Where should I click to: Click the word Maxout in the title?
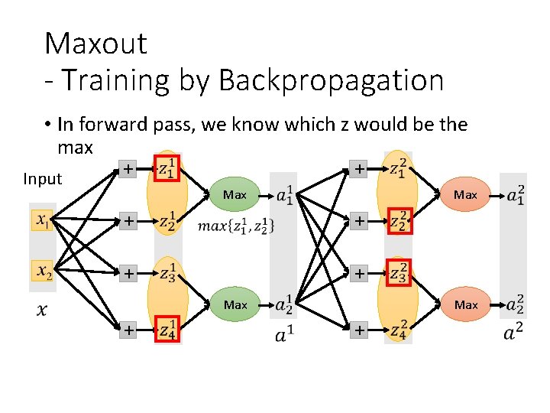click(95, 44)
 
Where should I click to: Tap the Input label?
click(42, 179)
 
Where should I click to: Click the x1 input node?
click(43, 221)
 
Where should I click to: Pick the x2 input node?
click(43, 271)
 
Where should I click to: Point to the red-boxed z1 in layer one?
click(167, 170)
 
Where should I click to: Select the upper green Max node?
click(235, 195)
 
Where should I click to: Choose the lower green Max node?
click(235, 304)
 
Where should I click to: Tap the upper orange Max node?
click(465, 195)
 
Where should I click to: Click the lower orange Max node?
click(465, 304)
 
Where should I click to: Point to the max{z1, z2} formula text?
click(236, 226)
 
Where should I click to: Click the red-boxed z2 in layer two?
click(399, 220)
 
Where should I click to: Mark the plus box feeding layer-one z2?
click(128, 221)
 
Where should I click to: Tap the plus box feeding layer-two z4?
click(357, 330)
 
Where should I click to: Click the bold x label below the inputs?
click(43, 310)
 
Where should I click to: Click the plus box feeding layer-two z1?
click(357, 168)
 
